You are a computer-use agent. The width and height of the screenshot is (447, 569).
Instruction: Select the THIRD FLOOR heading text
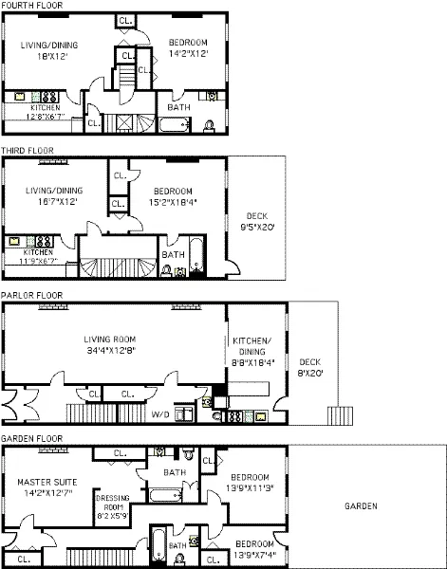tap(28, 150)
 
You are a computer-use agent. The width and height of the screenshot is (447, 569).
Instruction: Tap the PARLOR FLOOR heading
tap(31, 295)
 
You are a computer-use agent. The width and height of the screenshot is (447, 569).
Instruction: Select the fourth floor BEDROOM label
tap(188, 43)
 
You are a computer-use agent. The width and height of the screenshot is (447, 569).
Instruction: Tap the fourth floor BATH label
tap(177, 107)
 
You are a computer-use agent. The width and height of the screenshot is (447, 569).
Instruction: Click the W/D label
tap(161, 413)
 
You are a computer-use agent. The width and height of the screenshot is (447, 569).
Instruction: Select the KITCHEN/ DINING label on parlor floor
tap(251, 344)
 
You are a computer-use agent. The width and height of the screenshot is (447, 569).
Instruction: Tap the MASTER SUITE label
tap(45, 482)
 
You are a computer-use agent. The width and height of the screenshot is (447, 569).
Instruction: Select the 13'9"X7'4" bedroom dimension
tap(260, 552)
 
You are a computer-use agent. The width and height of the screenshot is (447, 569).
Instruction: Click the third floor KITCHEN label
tap(38, 252)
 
